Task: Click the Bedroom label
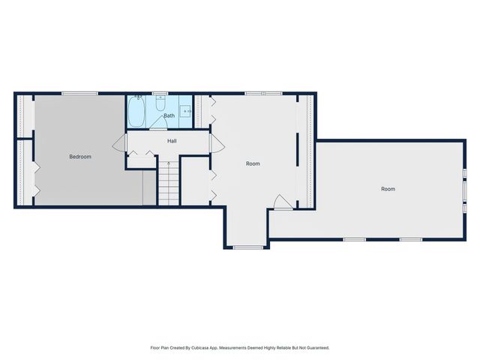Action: pos(80,157)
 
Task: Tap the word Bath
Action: pos(169,115)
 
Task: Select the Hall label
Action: pos(172,141)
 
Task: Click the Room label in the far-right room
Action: pos(388,189)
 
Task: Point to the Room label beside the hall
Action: pos(253,163)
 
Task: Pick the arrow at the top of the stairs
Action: pos(169,163)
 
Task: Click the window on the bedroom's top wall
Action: pos(79,93)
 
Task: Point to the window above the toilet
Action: pos(160,94)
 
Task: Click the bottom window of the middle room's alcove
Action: pos(247,247)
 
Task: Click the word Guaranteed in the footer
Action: pos(314,348)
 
